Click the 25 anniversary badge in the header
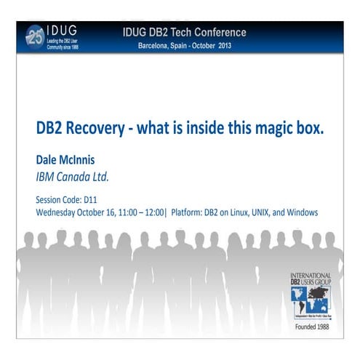click(34, 36)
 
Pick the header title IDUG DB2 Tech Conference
click(185, 33)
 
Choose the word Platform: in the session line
click(191, 212)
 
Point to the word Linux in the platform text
click(229, 212)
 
